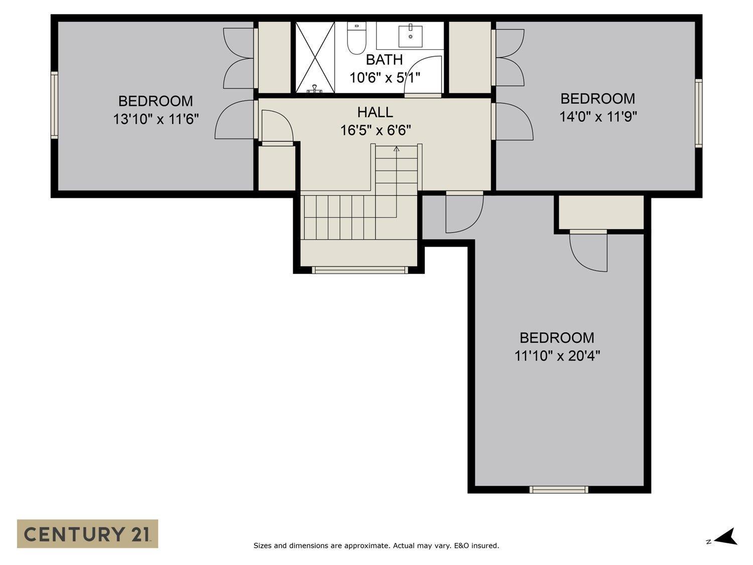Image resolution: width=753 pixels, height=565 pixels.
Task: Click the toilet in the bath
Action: (x=357, y=39)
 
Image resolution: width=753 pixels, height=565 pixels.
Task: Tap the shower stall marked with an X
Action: (x=315, y=57)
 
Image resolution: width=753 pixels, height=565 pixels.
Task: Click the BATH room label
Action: (x=384, y=60)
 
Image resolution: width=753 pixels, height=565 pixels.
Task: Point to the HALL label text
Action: (x=375, y=112)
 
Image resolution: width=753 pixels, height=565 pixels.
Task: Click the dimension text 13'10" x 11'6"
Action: (x=156, y=120)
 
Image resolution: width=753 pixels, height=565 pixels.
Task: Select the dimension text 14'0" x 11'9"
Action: (x=598, y=117)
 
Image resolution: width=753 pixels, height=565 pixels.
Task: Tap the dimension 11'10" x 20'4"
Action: (x=557, y=356)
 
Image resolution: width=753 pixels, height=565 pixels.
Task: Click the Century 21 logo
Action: (x=87, y=533)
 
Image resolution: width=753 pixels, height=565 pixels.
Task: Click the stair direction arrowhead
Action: (x=397, y=149)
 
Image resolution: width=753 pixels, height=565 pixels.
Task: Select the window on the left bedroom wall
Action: (x=54, y=104)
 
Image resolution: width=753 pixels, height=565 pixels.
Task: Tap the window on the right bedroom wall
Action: (x=698, y=112)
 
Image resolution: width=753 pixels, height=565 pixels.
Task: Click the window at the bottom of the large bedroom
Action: (x=559, y=489)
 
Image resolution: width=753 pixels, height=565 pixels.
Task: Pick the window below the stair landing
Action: (x=359, y=270)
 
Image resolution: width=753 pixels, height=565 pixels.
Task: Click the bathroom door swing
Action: (x=423, y=75)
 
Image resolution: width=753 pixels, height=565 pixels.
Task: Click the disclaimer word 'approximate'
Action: (x=365, y=545)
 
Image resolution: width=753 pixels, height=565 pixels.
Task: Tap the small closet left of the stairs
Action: (x=276, y=167)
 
